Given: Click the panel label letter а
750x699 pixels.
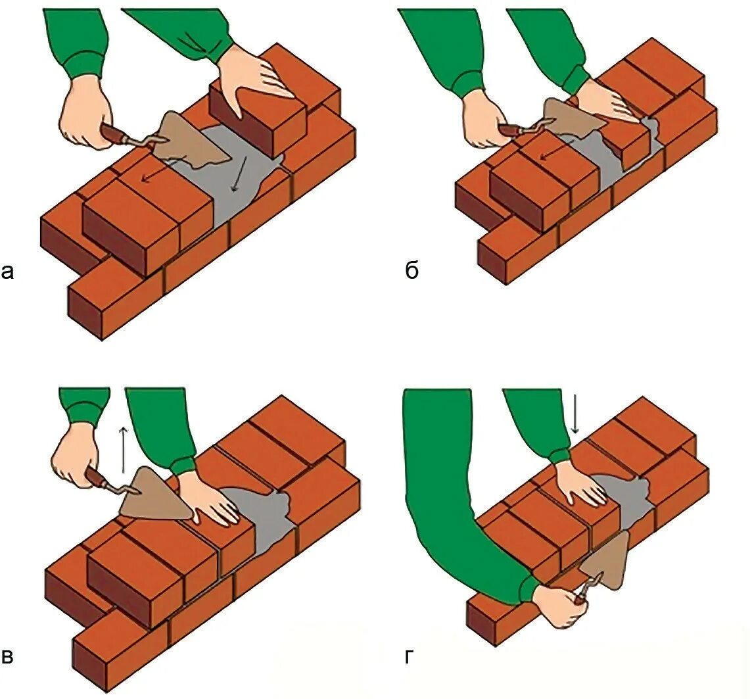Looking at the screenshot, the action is (x=7, y=270).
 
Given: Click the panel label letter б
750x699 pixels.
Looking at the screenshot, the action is (x=411, y=270).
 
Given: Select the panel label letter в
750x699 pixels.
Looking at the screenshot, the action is (x=7, y=656).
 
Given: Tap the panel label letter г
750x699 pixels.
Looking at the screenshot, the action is (x=410, y=656).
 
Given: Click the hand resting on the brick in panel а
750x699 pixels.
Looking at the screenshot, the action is (x=253, y=76).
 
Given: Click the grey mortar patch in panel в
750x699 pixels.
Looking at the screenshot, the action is (x=263, y=519).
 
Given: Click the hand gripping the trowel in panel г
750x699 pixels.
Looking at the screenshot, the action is (x=559, y=605).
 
